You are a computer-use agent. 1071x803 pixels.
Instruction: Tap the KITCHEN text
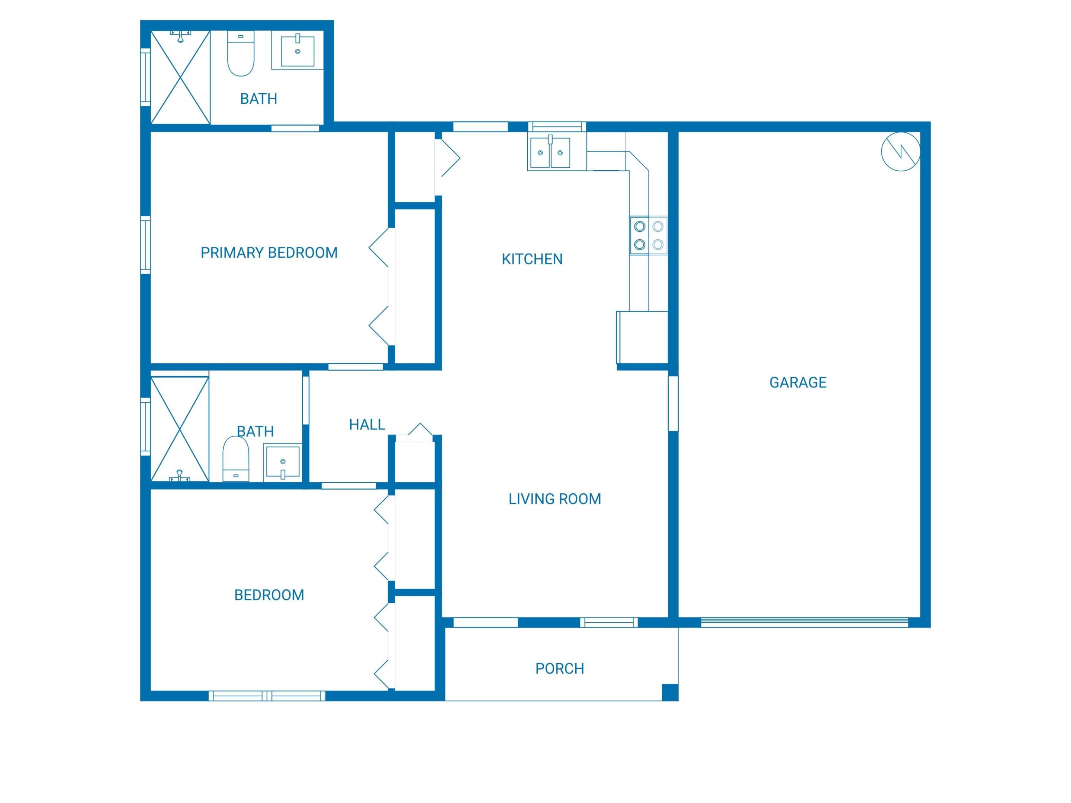(x=532, y=259)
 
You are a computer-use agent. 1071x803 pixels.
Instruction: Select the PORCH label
(x=559, y=668)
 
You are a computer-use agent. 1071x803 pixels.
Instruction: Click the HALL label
(x=367, y=425)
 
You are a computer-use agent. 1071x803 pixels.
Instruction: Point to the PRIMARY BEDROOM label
(x=269, y=253)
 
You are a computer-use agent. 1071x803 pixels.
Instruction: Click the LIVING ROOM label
(x=554, y=499)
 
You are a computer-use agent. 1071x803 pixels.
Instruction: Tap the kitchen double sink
(x=550, y=152)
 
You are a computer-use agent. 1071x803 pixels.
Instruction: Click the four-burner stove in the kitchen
(x=648, y=235)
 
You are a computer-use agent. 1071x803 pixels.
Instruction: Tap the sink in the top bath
(x=297, y=50)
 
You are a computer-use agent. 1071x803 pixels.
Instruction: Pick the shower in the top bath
(x=180, y=77)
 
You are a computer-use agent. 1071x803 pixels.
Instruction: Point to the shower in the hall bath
(x=180, y=429)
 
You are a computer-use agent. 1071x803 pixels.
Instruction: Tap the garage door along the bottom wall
(x=804, y=622)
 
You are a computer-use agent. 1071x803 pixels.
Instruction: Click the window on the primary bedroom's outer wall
(x=145, y=245)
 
